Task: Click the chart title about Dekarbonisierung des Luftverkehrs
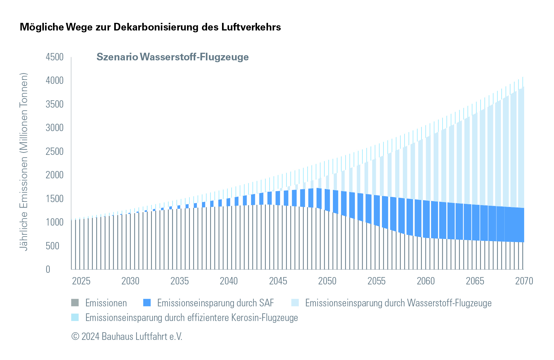[150, 27]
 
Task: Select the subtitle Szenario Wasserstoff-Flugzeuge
[172, 57]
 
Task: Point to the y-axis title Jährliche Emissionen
[23, 162]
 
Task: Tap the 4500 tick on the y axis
[55, 57]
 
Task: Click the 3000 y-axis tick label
[55, 128]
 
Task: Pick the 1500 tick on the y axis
[55, 199]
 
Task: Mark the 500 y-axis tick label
[52, 246]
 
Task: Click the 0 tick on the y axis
[48, 269]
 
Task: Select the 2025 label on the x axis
[81, 281]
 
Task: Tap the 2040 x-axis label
[229, 281]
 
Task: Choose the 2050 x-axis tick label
[327, 281]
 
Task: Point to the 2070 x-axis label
[524, 281]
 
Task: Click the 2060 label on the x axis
[425, 281]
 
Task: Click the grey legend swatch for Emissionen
[75, 303]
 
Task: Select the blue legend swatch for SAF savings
[147, 303]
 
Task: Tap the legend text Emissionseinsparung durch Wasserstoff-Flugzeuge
[398, 303]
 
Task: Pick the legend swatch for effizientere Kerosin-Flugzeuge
[75, 317]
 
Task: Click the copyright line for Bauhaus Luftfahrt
[127, 337]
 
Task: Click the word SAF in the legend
[266, 303]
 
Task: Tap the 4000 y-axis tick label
[55, 80]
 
